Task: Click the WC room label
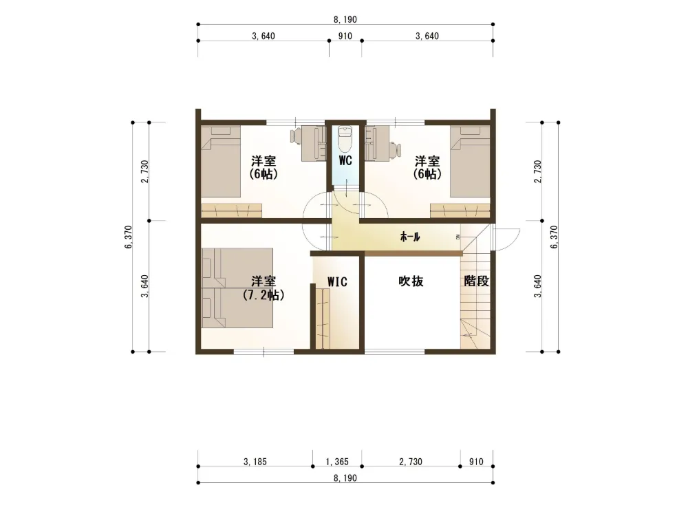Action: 345,160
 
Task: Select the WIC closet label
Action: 337,281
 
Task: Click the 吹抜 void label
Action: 411,281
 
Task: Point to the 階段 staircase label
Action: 477,281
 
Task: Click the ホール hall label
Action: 410,237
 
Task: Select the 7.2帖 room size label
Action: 264,295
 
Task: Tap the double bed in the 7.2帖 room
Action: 237,288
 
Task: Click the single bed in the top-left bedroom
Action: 221,162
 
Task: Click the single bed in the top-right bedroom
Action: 470,162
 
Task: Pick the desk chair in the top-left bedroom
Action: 295,136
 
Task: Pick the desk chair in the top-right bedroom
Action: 396,149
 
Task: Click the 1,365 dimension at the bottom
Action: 337,462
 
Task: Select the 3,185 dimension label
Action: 255,462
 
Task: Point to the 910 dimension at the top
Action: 345,36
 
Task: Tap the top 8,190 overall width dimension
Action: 345,19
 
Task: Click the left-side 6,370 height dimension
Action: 129,237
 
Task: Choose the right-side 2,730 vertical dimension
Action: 538,171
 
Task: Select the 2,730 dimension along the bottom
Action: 411,462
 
